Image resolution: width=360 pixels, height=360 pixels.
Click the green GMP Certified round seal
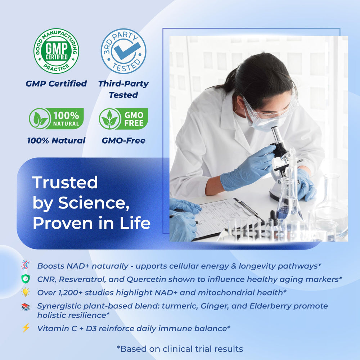tap(56, 51)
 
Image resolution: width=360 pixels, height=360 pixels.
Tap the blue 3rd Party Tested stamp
tap(123, 51)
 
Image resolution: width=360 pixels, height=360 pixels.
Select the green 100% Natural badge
tap(56, 118)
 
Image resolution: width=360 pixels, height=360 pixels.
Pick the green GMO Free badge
tap(123, 118)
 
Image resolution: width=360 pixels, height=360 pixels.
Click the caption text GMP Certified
tap(56, 84)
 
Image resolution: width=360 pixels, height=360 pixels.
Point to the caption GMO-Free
tap(123, 140)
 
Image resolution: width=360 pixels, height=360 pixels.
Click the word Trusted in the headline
tap(65, 183)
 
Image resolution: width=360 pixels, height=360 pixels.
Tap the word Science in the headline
tap(94, 203)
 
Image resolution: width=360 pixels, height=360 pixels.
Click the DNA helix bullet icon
tap(26, 265)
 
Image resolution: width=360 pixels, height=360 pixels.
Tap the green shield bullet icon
tap(26, 279)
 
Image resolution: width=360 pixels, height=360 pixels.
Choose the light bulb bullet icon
tap(26, 292)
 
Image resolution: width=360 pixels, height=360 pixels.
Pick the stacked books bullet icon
tap(26, 307)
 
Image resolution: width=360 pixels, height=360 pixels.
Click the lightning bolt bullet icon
tap(26, 328)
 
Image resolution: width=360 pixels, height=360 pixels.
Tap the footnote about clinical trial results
tap(180, 349)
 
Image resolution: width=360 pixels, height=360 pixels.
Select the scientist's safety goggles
tap(269, 110)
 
